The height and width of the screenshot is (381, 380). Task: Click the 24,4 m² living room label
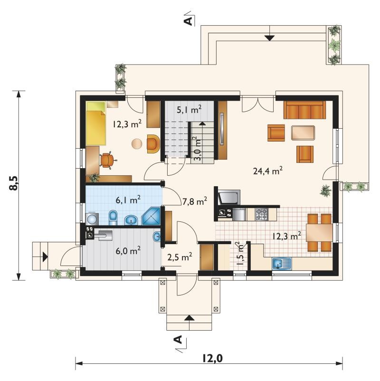[267, 171]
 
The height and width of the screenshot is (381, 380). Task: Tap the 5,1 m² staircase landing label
[189, 110]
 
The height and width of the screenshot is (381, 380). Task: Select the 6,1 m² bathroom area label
[128, 200]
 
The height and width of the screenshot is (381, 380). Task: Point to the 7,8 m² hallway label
[194, 201]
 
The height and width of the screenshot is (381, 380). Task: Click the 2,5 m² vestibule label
[180, 257]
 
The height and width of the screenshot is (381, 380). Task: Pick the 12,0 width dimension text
[212, 358]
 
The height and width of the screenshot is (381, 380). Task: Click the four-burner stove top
[261, 214]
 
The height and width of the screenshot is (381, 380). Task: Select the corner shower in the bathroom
[151, 216]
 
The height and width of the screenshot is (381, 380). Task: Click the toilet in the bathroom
[113, 218]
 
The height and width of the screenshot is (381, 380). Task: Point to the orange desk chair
[107, 160]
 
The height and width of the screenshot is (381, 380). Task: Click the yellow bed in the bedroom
[96, 124]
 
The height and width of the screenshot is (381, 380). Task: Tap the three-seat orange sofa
[304, 110]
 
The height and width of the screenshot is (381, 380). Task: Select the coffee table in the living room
[303, 133]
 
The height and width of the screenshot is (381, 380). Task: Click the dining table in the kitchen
[319, 232]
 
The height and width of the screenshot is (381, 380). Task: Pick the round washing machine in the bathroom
[92, 219]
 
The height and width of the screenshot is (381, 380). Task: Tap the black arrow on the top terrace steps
[269, 38]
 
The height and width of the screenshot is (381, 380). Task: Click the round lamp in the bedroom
[137, 143]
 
